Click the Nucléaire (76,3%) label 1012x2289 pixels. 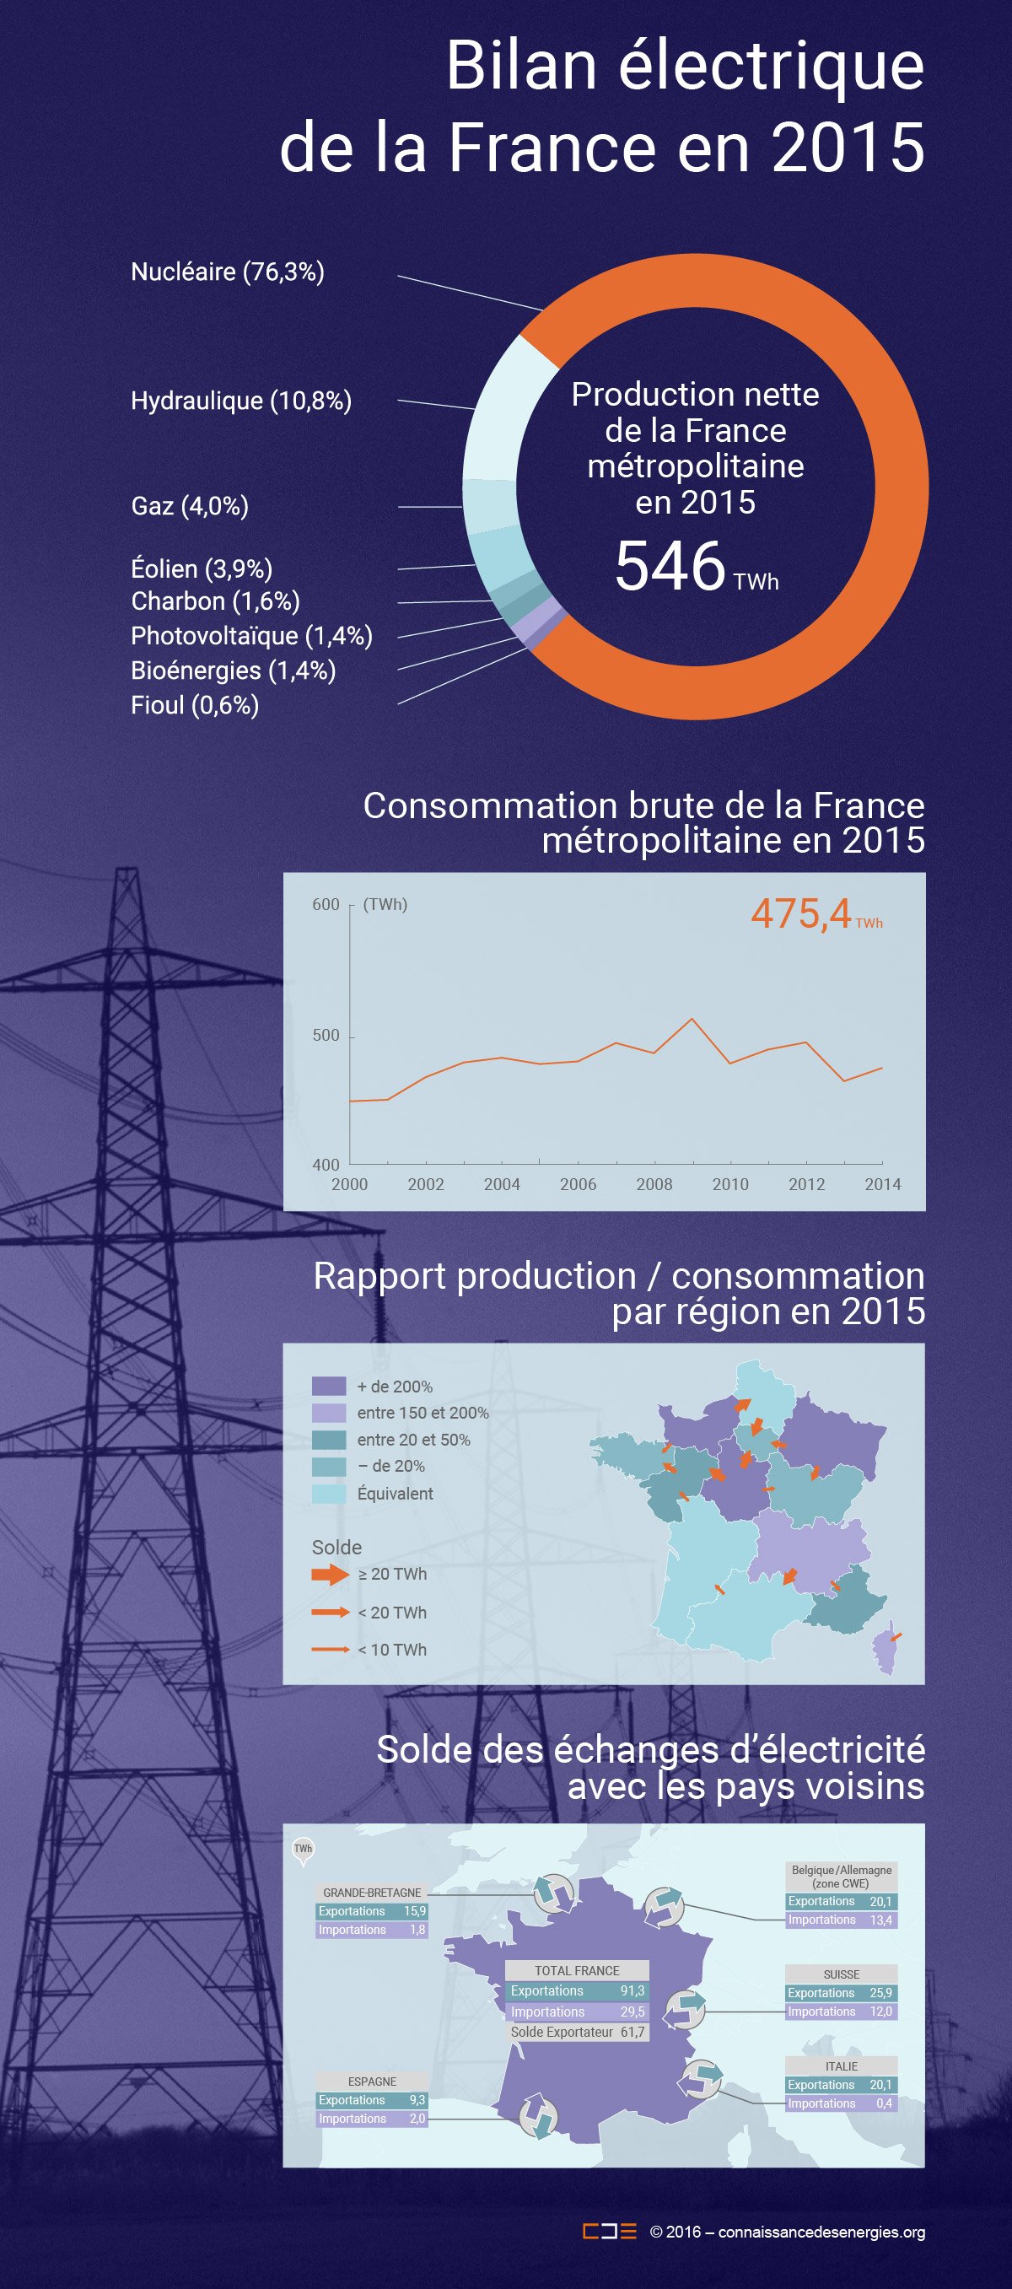228,272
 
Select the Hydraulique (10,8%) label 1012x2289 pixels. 241,401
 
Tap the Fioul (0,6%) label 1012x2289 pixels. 195,706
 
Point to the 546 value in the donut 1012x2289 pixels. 670,567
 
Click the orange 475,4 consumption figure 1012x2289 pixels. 801,913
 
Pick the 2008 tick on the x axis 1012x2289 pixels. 654,1184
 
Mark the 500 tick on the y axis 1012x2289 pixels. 326,1035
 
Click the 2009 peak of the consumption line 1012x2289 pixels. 692,1018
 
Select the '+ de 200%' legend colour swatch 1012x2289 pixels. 329,1387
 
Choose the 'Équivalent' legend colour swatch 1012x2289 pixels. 329,1493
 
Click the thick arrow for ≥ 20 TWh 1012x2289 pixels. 330,1574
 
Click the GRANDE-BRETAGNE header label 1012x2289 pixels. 371,1893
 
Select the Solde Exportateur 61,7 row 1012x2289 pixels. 577,2033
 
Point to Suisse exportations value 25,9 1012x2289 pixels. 880,1993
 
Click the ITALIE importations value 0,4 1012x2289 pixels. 884,2103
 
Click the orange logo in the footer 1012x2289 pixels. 610,2232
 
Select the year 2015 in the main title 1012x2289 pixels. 848,148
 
